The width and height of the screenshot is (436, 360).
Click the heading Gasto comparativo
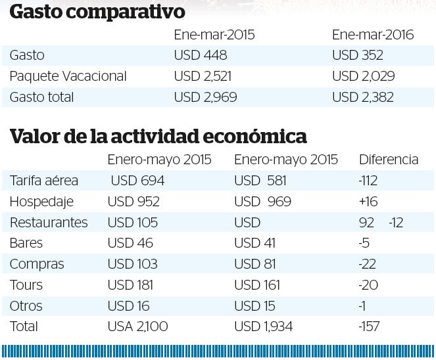pyautogui.click(x=98, y=12)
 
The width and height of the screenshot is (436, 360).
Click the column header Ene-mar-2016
pyautogui.click(x=372, y=35)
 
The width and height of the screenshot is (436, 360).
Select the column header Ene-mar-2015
pyautogui.click(x=214, y=35)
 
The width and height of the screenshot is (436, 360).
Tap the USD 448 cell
pyautogui.click(x=201, y=56)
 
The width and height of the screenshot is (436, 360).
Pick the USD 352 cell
pyautogui.click(x=358, y=56)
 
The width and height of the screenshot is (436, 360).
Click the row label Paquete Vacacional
pyautogui.click(x=68, y=76)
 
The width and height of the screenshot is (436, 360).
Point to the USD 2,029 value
pyautogui.click(x=364, y=76)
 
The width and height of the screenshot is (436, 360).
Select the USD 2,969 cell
pyautogui.click(x=205, y=97)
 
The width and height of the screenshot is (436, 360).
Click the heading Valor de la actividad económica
pyautogui.click(x=158, y=137)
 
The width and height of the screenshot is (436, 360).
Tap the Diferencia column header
pyautogui.click(x=389, y=160)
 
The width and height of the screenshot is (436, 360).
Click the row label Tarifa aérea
pyautogui.click(x=44, y=181)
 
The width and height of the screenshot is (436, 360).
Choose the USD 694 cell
pyautogui.click(x=137, y=181)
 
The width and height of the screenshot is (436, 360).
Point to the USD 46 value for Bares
pyautogui.click(x=130, y=243)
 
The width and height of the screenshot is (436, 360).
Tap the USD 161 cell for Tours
pyautogui.click(x=257, y=285)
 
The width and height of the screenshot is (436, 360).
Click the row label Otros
pyautogui.click(x=26, y=306)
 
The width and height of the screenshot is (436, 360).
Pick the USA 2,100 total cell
pyautogui.click(x=138, y=326)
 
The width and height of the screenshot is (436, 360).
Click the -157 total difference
pyautogui.click(x=370, y=326)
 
